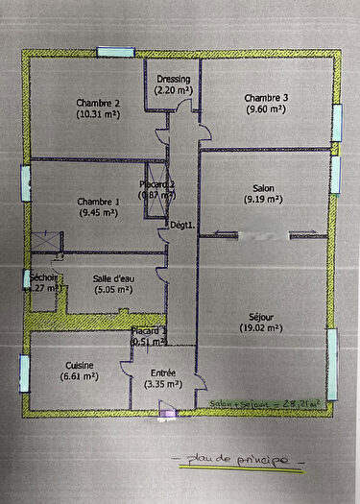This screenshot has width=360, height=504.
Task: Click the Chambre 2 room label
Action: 97,103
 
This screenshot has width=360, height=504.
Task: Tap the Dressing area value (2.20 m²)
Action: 174,90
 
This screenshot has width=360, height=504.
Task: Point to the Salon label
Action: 263,188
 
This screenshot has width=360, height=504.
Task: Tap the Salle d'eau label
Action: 112,278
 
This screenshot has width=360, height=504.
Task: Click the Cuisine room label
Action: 80,366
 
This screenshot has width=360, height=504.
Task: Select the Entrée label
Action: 163,374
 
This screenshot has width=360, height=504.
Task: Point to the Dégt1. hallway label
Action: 182,226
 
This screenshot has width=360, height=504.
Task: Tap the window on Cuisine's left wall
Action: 23,369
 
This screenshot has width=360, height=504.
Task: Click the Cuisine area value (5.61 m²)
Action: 79,377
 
